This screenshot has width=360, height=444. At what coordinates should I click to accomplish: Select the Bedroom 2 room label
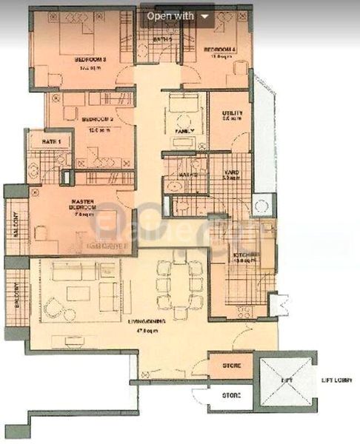point(96,118)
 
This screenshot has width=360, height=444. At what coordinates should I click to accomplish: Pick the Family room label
point(184,131)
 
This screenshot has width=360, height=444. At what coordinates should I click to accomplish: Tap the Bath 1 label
point(50,141)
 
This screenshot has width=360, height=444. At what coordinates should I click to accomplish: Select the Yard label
point(230,175)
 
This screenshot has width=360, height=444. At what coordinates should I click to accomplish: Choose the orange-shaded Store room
point(232,365)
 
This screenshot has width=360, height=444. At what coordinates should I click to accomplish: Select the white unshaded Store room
point(232,396)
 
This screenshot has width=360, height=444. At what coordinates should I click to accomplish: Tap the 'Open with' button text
point(170,15)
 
